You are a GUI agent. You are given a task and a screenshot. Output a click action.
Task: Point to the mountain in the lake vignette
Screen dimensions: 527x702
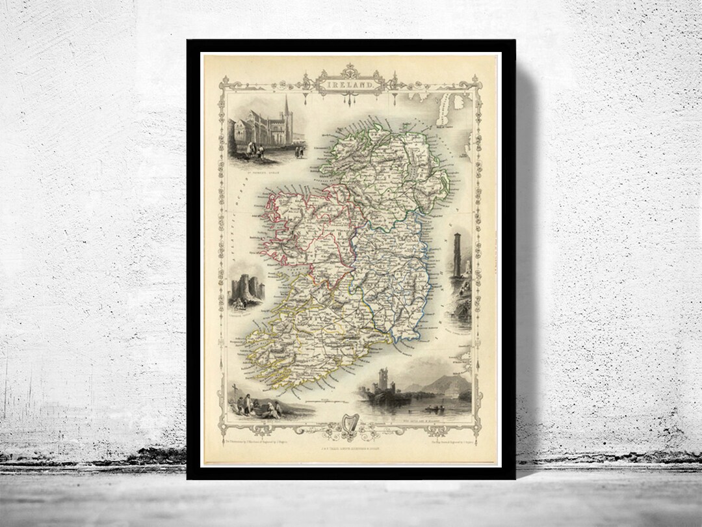pos(452,385)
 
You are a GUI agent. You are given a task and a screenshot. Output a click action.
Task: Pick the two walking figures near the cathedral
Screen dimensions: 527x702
pos(300,152)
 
